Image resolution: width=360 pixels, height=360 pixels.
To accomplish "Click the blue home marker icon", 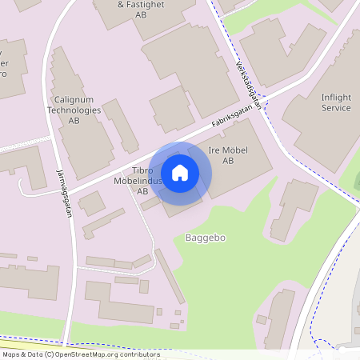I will [x=180, y=173].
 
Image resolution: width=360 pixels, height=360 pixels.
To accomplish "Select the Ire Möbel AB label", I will [x=228, y=155].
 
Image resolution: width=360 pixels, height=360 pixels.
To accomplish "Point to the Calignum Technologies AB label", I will [x=74, y=110].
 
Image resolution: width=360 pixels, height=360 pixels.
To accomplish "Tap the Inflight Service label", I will [x=336, y=102].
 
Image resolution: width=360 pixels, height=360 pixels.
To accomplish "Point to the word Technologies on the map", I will [x=74, y=110].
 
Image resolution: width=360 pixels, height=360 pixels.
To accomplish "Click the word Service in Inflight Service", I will [x=336, y=108].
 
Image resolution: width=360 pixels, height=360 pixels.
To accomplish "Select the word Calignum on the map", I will [x=74, y=100].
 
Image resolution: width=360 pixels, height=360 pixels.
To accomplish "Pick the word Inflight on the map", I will [x=336, y=98].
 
